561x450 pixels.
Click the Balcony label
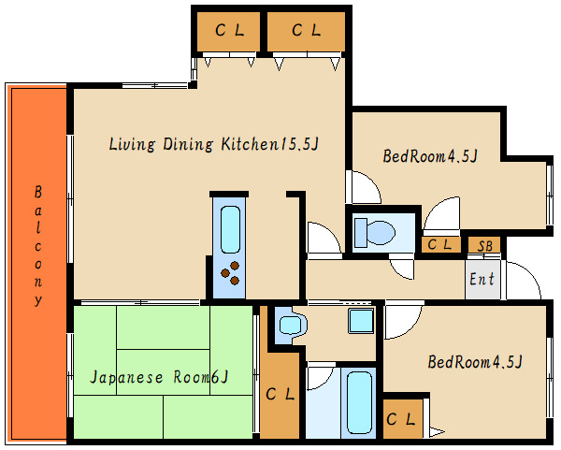pyautogui.click(x=38, y=245)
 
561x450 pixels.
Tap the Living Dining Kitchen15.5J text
pyautogui.click(x=213, y=144)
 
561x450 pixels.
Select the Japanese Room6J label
pyautogui.click(x=159, y=377)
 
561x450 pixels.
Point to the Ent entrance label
pyautogui.click(x=482, y=279)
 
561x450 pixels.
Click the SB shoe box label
pyautogui.click(x=485, y=246)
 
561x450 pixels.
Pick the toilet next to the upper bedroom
pyautogui.click(x=374, y=232)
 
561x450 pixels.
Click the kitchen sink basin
pyautogui.click(x=230, y=229)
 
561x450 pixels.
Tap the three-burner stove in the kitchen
pyautogui.click(x=230, y=273)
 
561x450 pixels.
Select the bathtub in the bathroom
pyautogui.click(x=359, y=402)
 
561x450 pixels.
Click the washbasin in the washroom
pyautogui.click(x=291, y=326)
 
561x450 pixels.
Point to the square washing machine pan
pyautogui.click(x=361, y=320)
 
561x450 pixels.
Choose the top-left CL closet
pyautogui.click(x=229, y=32)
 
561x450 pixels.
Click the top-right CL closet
pyautogui.click(x=307, y=32)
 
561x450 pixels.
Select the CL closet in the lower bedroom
pyautogui.click(x=402, y=418)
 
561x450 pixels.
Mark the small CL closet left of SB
pyautogui.click(x=440, y=245)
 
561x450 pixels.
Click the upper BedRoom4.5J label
pyautogui.click(x=430, y=156)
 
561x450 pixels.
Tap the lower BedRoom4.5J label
pyautogui.click(x=475, y=361)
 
